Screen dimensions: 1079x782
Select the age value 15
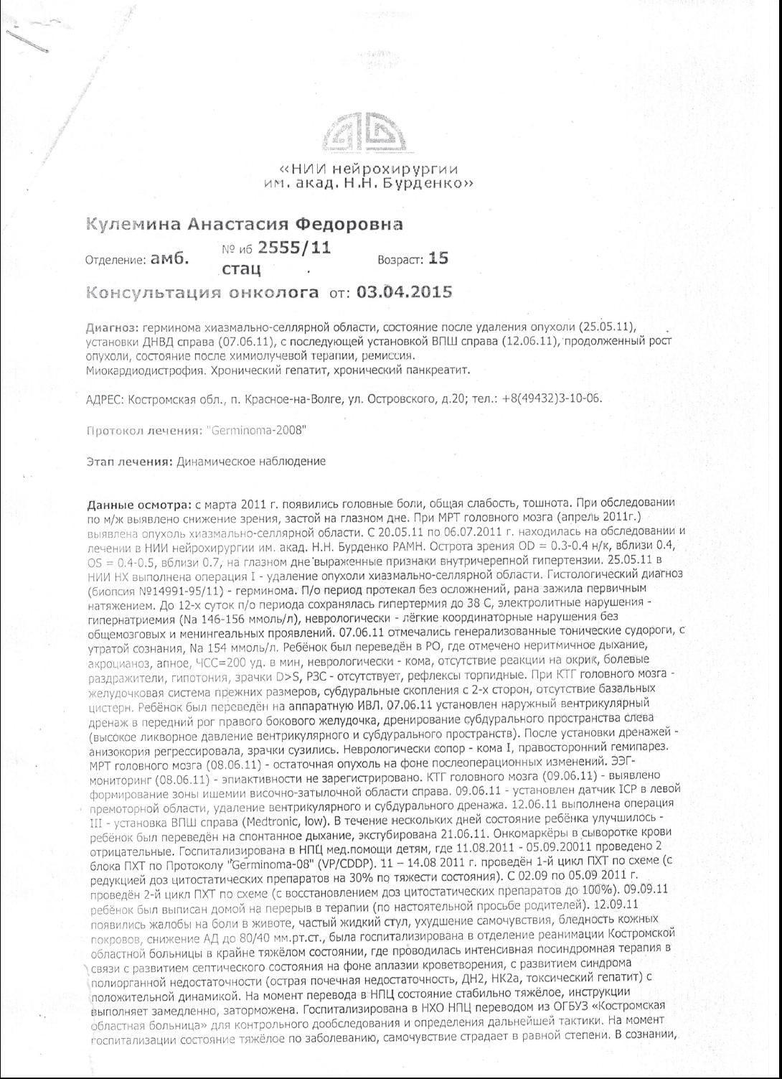(438, 258)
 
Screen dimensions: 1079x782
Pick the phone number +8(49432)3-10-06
(552, 398)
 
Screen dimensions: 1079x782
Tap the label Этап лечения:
(130, 462)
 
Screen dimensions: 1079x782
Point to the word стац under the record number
(241, 270)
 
